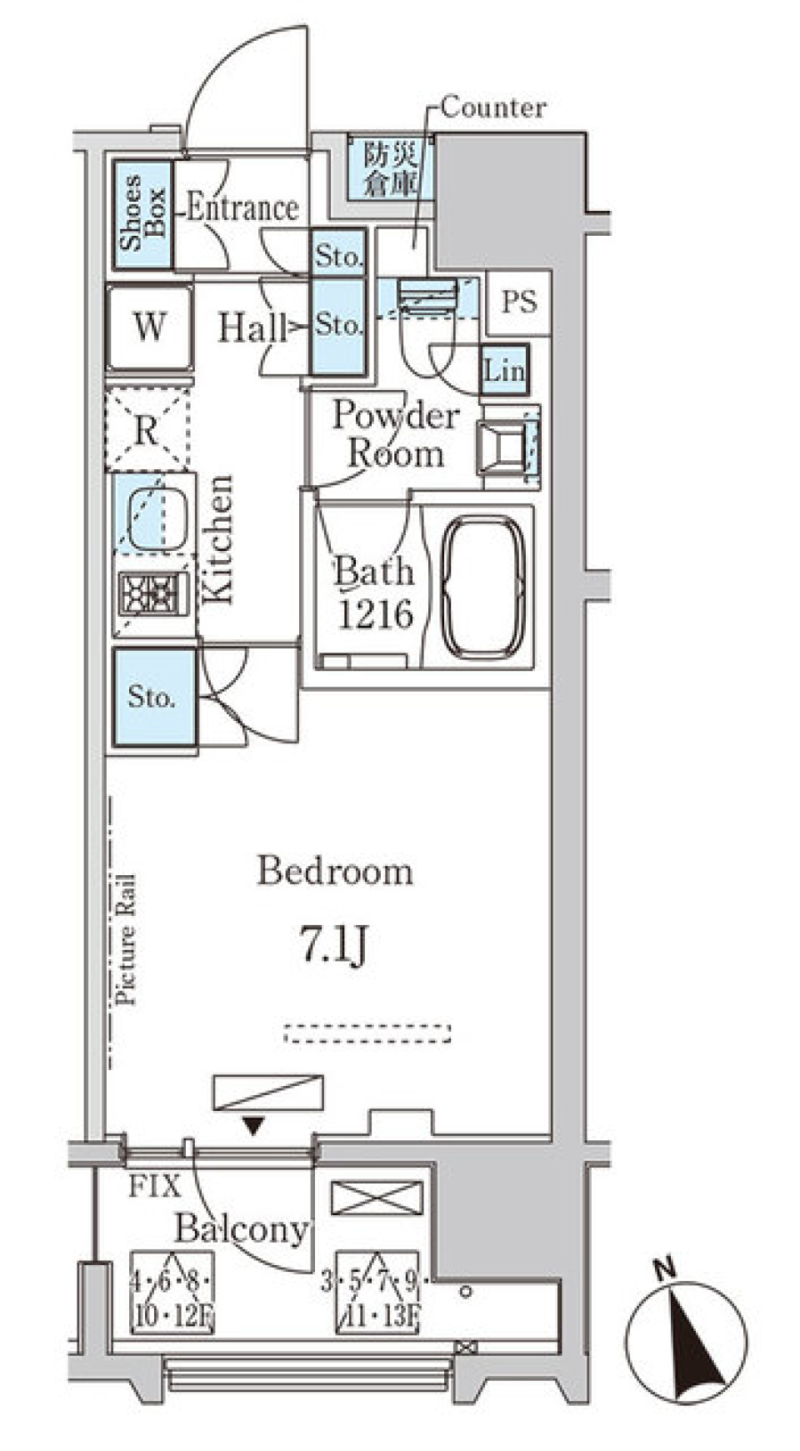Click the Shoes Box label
tap(142, 213)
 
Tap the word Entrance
tap(242, 208)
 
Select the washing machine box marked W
tap(149, 327)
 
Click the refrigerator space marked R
tap(147, 431)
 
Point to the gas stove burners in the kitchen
tap(152, 594)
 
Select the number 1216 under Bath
tap(374, 614)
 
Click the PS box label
tap(518, 303)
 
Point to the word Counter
tap(492, 108)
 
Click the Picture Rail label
tap(126, 938)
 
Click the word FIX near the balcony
tap(154, 1187)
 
